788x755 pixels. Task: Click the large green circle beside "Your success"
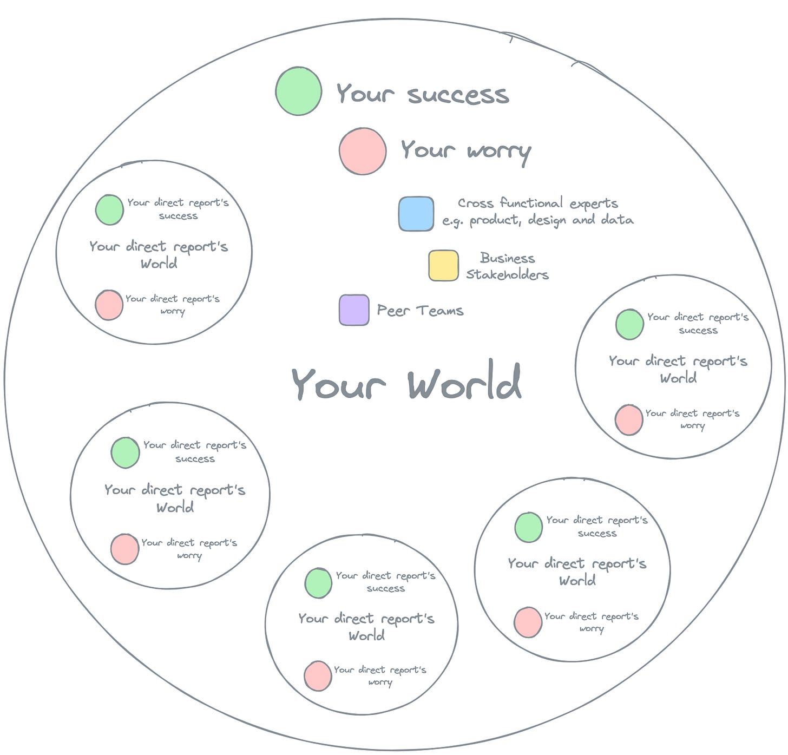(298, 91)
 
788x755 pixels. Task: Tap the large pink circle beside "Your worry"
(363, 151)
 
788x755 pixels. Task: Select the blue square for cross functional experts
(416, 214)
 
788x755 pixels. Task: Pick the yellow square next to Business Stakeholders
(443, 265)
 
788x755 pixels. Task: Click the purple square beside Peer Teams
(354, 310)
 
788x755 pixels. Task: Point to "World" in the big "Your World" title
(464, 382)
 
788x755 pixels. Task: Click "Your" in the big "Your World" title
(338, 384)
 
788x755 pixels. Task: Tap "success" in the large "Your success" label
(458, 95)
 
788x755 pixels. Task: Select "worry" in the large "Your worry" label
(499, 152)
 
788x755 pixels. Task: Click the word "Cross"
(475, 203)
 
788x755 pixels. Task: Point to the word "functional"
(531, 203)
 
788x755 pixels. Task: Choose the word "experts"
(594, 204)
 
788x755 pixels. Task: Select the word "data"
(617, 220)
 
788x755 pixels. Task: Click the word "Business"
(507, 258)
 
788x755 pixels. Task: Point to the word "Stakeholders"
(507, 274)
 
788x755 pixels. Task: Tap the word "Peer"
(393, 311)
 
